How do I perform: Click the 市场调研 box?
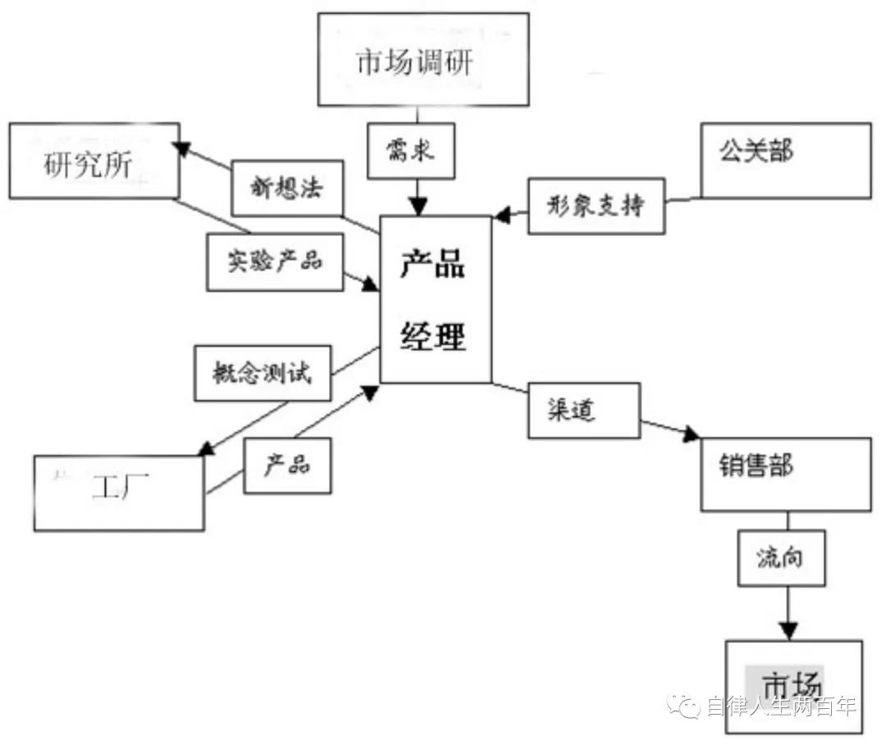coord(423,59)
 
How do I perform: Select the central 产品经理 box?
coord(435,300)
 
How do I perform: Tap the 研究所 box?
coord(94,161)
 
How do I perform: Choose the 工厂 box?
coord(119,493)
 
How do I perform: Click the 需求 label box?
coord(410,152)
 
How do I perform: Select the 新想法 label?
coord(286,189)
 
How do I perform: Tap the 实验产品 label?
coord(275,261)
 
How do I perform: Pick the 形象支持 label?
coord(596,206)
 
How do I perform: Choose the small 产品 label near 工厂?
coord(287,466)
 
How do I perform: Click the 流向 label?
coord(780,558)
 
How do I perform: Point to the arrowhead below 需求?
coord(420,206)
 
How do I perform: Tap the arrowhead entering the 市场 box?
coord(788,630)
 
